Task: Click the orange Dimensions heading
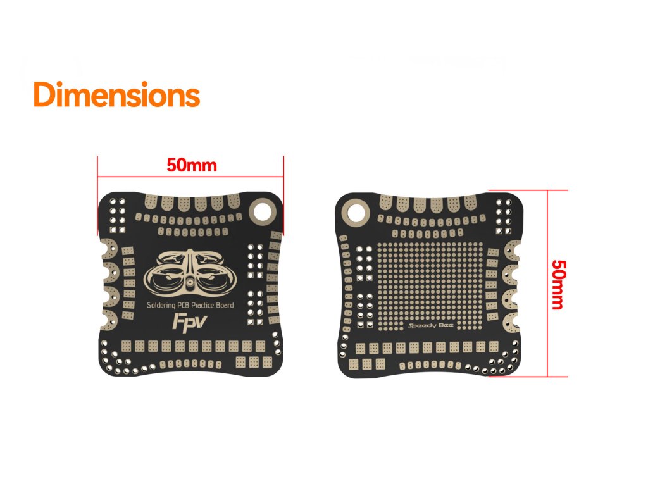(116, 95)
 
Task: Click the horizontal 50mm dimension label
(192, 166)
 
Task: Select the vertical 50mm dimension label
(558, 283)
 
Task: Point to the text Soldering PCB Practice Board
(190, 306)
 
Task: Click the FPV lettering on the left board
(187, 322)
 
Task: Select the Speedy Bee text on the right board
(427, 327)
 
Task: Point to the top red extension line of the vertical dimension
(538, 190)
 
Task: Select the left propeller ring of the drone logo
(166, 281)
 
